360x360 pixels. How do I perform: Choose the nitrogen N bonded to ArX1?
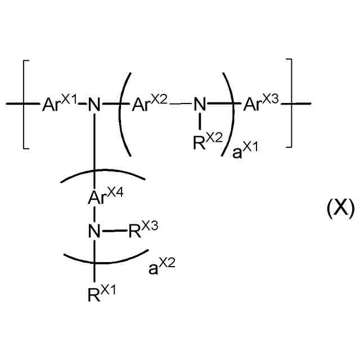coord(96,104)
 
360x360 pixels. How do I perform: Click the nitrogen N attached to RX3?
coord(96,231)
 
